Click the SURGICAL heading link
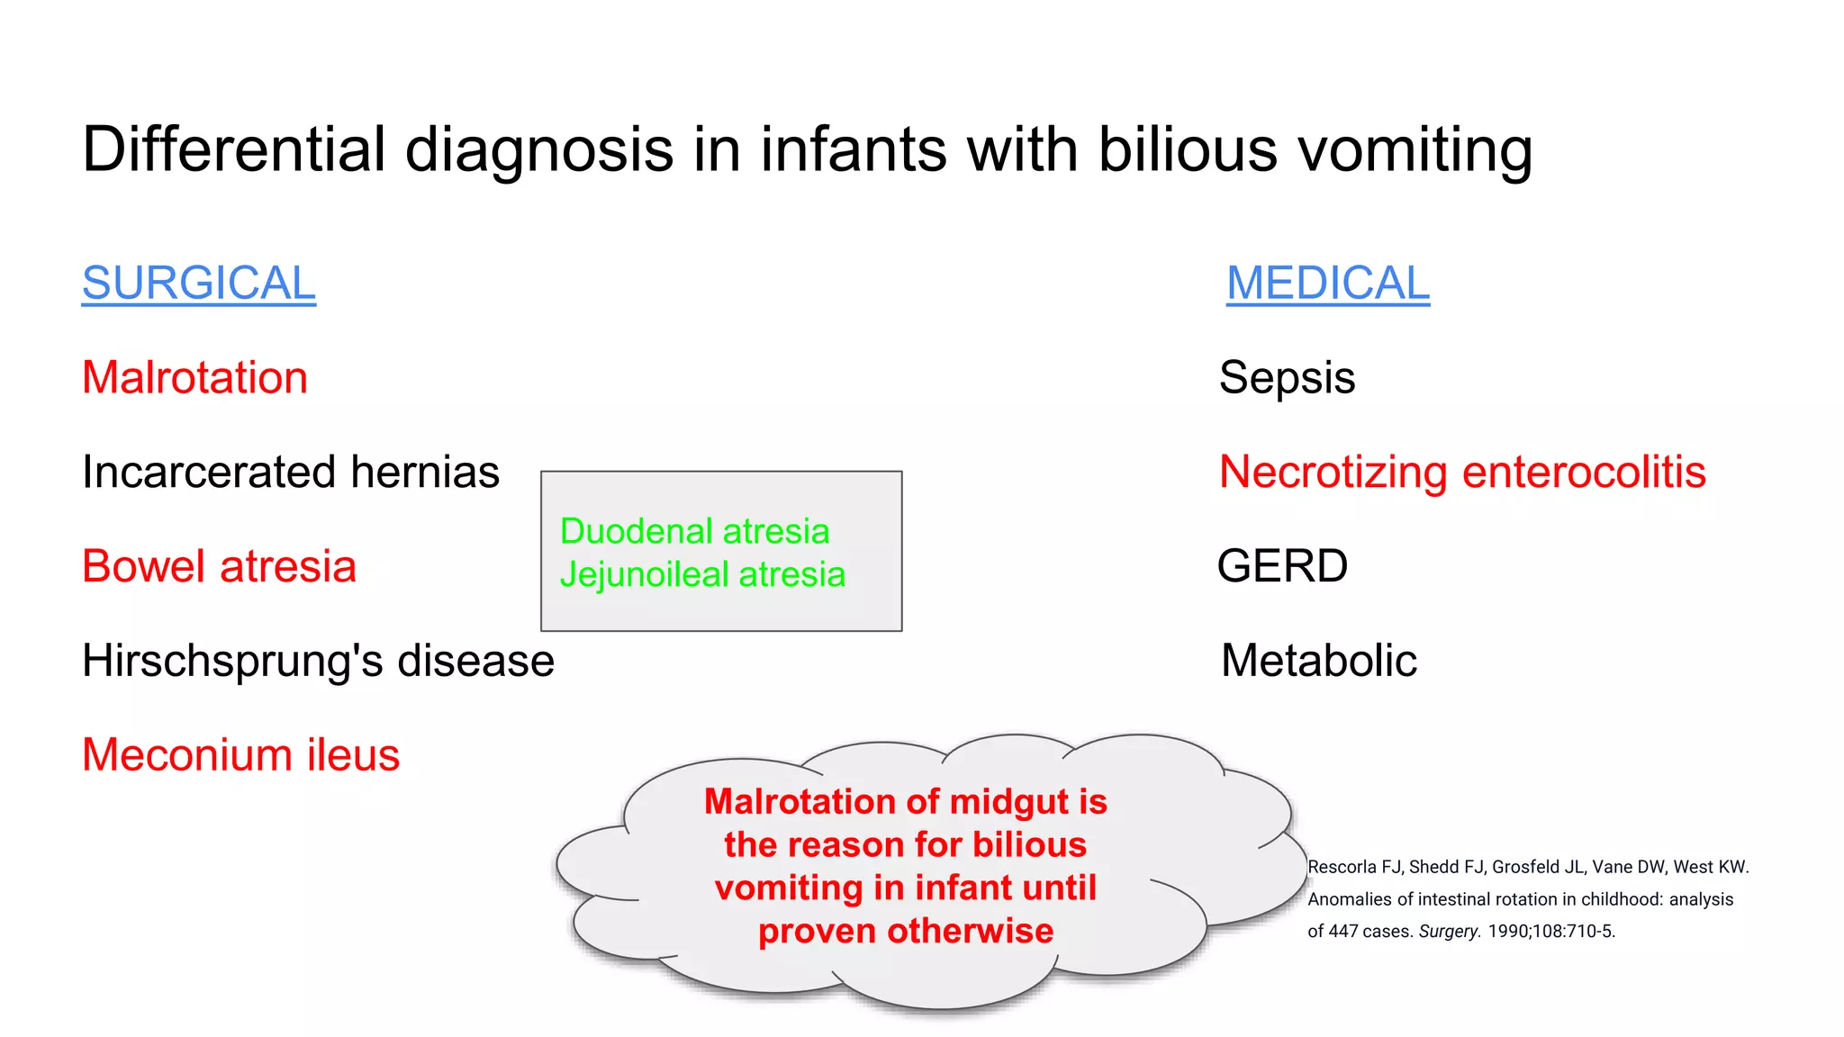click(x=198, y=284)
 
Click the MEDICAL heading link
click(x=1327, y=284)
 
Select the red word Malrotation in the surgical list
click(x=194, y=377)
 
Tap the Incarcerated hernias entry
click(x=290, y=472)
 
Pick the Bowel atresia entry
click(x=219, y=566)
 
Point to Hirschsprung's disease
click(x=318, y=661)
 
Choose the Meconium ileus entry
click(x=240, y=755)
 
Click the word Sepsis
click(x=1287, y=377)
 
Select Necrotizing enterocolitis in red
click(x=1462, y=472)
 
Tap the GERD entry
click(x=1282, y=566)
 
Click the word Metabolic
click(x=1319, y=661)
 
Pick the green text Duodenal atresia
click(x=694, y=531)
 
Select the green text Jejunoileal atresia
click(x=702, y=574)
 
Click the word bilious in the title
click(x=1187, y=149)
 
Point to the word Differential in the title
click(x=233, y=149)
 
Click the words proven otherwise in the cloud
click(x=905, y=931)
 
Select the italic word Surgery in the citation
click(x=1449, y=932)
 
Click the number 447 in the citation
click(x=1343, y=932)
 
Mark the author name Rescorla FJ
click(x=1354, y=867)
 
